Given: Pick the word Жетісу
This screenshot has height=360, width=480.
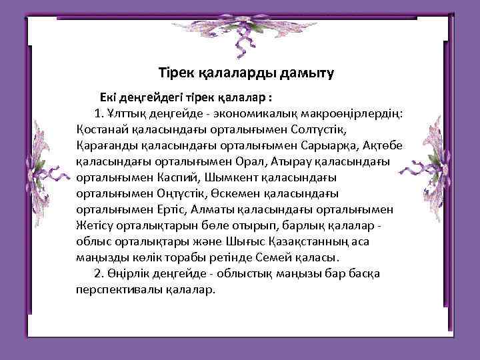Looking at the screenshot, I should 97,225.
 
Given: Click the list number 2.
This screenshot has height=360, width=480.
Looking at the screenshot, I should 99,273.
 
